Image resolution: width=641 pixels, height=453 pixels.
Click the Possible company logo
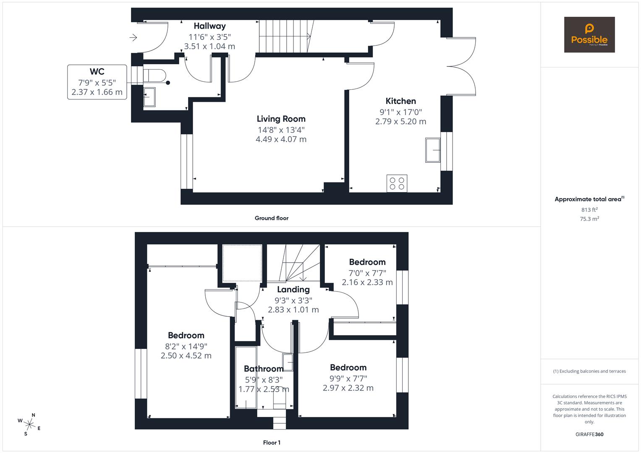(589, 34)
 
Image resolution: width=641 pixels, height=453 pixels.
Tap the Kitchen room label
(400, 101)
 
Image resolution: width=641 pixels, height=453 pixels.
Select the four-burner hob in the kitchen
(397, 183)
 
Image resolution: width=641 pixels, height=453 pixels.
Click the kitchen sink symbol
(433, 150)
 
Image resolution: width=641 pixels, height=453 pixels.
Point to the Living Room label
(281, 119)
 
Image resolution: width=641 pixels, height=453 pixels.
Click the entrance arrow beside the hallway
(133, 38)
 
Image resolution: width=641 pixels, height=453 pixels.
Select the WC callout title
(97, 71)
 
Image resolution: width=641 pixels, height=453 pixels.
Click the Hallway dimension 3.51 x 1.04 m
(209, 46)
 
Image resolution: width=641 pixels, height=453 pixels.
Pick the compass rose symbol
(29, 424)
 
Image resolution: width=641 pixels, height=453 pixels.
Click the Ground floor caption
(272, 218)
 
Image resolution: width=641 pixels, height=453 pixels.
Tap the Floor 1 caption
(272, 443)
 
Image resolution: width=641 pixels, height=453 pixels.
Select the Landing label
(293, 289)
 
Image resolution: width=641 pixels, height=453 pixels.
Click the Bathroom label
(264, 369)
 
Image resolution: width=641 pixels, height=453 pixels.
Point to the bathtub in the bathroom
(246, 377)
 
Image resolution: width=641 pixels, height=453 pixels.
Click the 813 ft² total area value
(589, 210)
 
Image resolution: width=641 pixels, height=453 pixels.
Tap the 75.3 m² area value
(589, 219)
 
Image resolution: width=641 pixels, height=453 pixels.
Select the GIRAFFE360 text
(589, 434)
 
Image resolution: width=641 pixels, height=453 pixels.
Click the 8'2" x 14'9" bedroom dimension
(186, 346)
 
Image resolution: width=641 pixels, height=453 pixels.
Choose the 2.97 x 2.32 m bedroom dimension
(348, 388)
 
